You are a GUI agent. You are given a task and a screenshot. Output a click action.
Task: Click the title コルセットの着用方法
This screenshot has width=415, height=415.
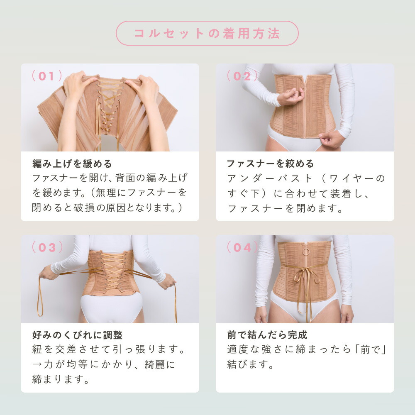coord(207,33)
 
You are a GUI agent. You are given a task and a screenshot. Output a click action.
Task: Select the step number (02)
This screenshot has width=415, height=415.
coord(242,76)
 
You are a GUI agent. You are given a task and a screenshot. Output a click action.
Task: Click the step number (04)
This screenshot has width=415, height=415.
coord(242,248)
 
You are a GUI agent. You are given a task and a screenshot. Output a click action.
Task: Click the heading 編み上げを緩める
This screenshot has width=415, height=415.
coord(72,164)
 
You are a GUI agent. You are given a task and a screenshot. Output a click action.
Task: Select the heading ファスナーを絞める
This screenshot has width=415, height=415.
coord(270,164)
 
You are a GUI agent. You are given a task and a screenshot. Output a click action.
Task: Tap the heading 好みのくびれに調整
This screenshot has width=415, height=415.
coord(77,335)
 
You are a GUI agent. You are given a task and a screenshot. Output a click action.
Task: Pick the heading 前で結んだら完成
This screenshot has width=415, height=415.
coord(267,335)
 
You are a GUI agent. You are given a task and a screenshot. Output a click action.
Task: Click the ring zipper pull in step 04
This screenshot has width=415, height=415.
coord(305,251)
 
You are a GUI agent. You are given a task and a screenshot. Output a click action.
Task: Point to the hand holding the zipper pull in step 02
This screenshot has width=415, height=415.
coord(292,97)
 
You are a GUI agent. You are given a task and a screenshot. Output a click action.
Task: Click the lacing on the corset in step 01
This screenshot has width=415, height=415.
coord(109,100)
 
